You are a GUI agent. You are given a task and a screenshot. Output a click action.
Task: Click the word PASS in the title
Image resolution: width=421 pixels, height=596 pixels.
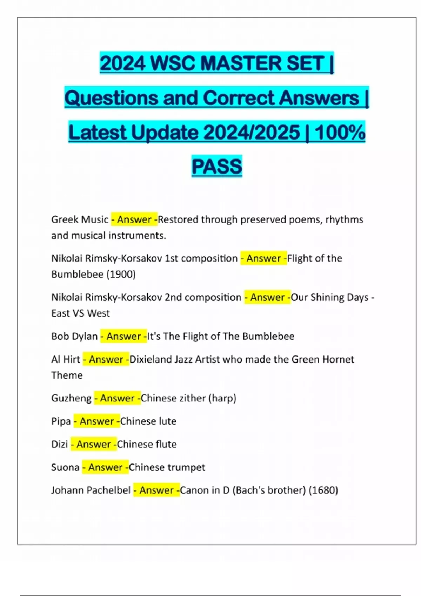(x=217, y=167)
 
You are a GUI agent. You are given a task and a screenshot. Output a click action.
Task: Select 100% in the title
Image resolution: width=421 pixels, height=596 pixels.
(x=340, y=133)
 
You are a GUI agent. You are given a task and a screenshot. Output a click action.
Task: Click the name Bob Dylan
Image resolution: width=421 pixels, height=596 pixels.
(x=74, y=336)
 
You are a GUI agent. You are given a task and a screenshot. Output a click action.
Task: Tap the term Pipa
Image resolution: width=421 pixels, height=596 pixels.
(x=61, y=421)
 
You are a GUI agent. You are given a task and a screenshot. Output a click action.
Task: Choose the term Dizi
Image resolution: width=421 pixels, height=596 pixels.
(x=59, y=444)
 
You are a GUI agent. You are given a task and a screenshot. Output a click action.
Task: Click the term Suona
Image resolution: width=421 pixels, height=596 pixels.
(x=65, y=467)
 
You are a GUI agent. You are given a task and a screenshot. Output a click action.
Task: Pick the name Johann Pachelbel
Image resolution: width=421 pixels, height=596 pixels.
(x=91, y=490)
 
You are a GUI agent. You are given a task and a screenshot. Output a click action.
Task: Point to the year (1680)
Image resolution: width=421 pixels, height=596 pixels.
(x=323, y=490)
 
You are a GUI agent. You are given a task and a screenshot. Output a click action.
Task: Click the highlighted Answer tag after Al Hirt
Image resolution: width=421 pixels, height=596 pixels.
(x=106, y=359)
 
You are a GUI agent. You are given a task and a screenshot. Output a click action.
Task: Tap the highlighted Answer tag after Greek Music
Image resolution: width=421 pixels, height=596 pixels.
(x=134, y=220)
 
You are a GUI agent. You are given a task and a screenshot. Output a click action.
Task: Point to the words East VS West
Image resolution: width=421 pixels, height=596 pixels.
(x=80, y=313)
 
